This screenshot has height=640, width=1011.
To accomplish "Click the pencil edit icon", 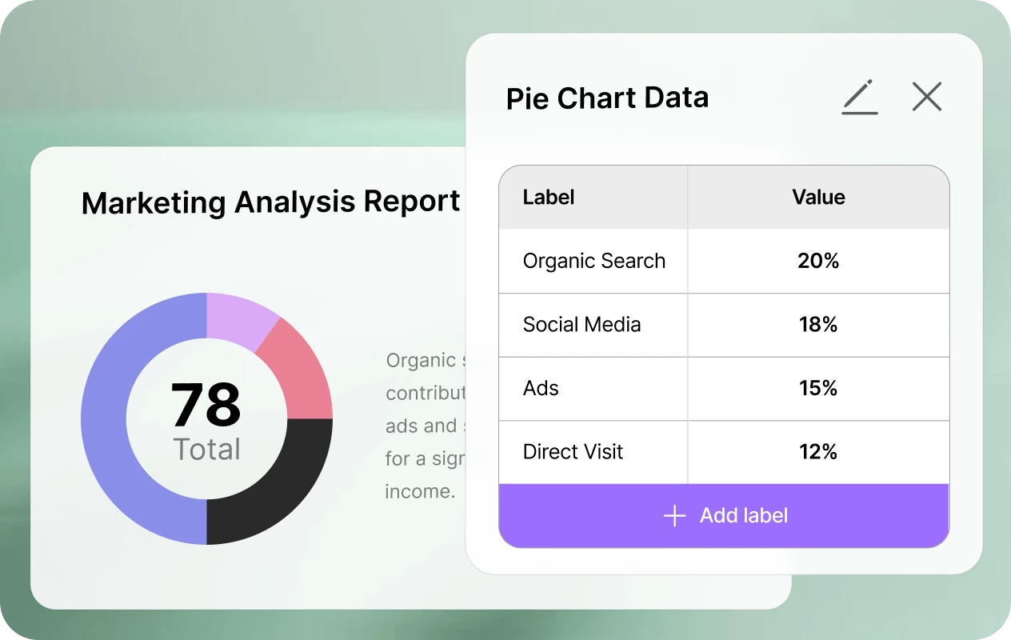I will click(860, 98).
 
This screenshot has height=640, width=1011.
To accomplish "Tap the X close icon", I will click(927, 97).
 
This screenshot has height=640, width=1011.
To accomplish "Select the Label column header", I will click(549, 198).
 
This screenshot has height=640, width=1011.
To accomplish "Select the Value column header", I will click(818, 198).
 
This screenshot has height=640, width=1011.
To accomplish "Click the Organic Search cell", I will click(593, 262).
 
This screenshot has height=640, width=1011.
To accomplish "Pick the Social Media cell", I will click(581, 325).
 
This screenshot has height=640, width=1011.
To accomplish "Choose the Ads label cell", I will click(541, 389).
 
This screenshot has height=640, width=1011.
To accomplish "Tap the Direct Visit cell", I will click(573, 452).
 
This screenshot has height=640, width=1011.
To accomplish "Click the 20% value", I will click(818, 262).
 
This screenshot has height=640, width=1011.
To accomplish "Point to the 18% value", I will click(818, 325).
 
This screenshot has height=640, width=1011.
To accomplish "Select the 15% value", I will click(818, 389).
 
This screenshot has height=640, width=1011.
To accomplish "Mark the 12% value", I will click(818, 452).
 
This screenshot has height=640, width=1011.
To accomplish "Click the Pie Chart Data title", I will click(607, 98).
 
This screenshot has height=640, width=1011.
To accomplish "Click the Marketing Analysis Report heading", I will click(270, 202).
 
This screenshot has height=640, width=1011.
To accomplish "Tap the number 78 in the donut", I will click(206, 405).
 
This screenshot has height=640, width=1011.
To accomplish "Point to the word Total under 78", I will click(206, 450).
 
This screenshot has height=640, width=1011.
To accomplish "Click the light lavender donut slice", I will click(238, 316).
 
